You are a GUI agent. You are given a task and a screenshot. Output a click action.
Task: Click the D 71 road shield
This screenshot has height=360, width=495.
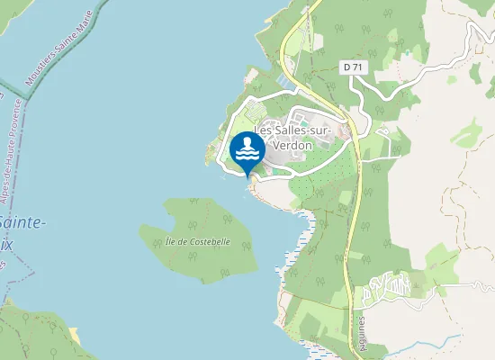(352, 67)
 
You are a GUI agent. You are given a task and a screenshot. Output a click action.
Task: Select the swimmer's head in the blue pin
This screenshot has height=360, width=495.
(247, 143)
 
